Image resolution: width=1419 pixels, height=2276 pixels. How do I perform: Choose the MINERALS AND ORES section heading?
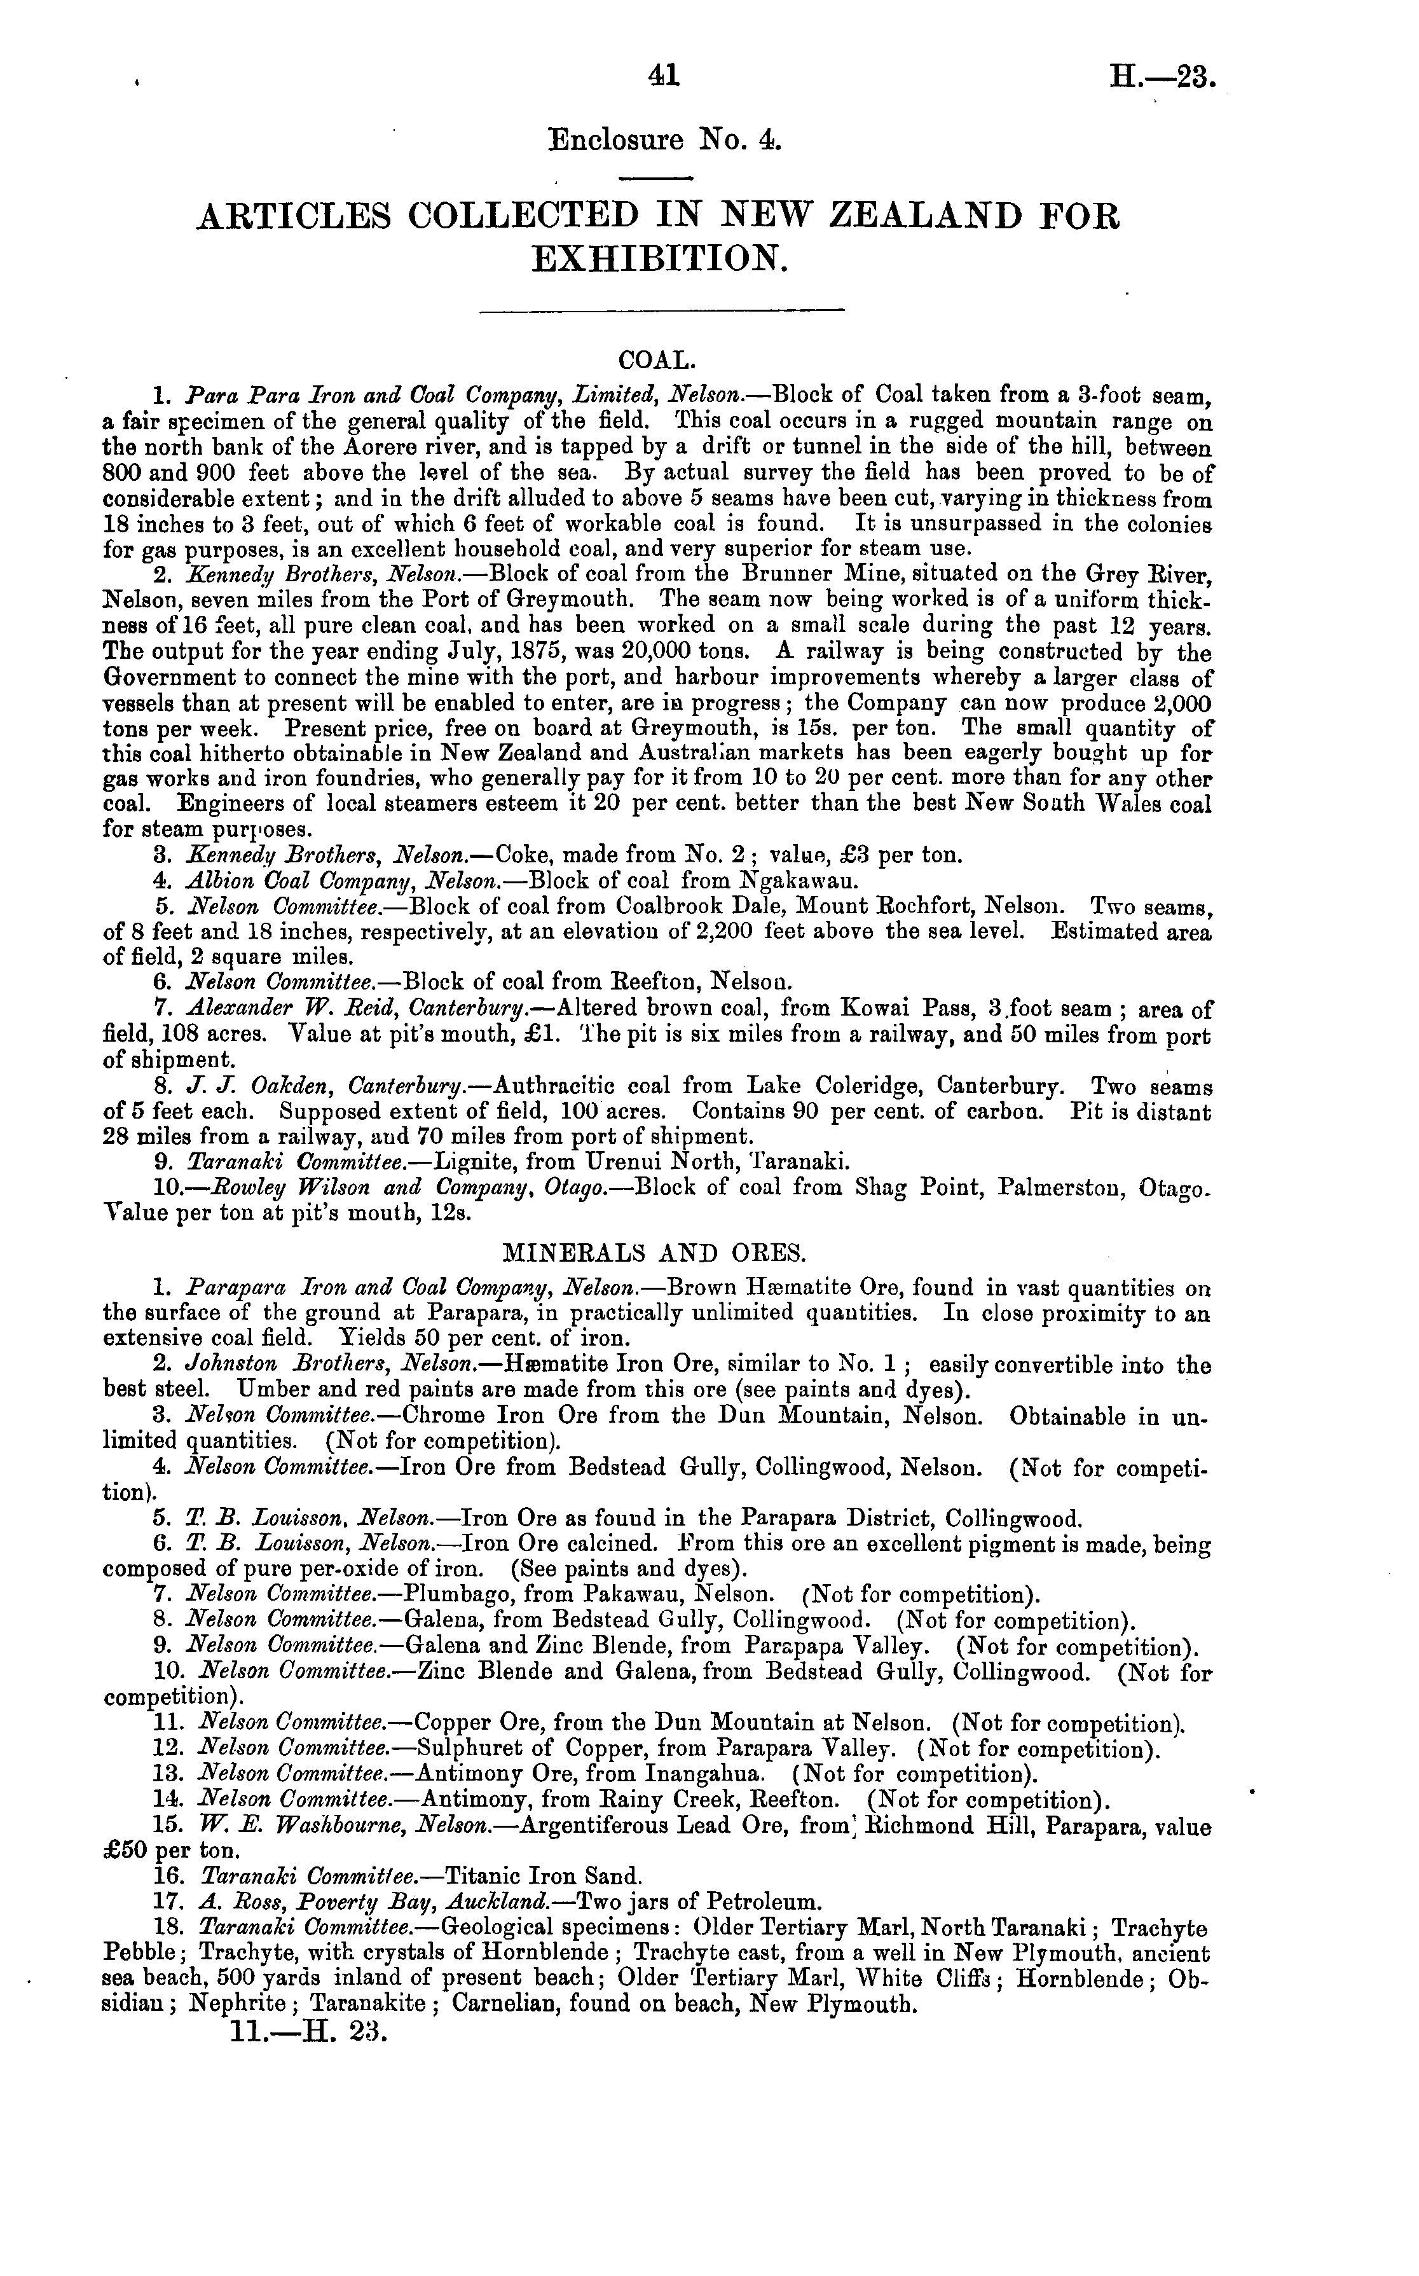click(x=654, y=1252)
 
